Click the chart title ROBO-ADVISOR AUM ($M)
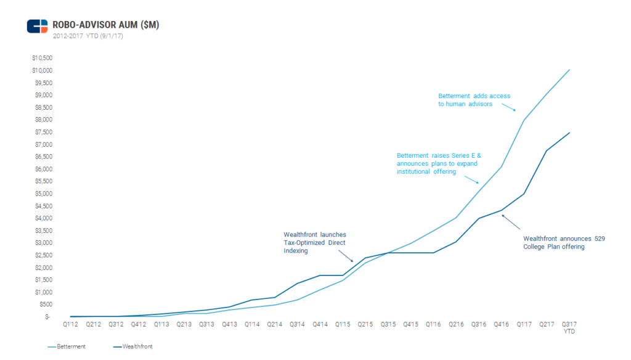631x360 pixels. click(107, 25)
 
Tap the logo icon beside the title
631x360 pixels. click(38, 26)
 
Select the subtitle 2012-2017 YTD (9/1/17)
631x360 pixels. click(88, 36)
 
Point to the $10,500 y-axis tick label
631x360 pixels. click(42, 58)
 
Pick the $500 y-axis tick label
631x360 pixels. click(45, 305)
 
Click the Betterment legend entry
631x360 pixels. click(67, 346)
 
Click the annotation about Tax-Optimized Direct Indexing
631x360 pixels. click(314, 243)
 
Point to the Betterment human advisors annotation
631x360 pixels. click(474, 100)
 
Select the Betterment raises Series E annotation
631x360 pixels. click(438, 163)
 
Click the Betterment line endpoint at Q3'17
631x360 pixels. click(569, 70)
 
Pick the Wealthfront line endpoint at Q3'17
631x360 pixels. click(569, 133)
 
